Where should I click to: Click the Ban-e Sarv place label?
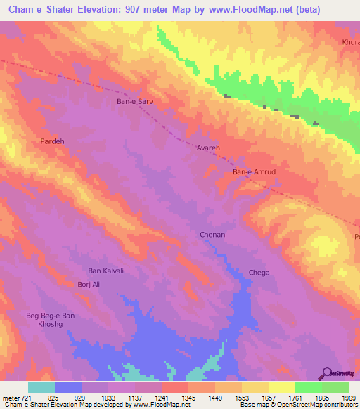(134, 102)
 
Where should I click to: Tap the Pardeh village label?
(52, 141)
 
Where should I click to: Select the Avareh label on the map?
(208, 149)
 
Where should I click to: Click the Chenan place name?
(212, 235)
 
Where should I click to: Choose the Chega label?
(259, 273)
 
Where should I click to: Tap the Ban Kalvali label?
(105, 271)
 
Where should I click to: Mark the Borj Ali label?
(89, 285)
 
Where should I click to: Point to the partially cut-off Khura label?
(350, 42)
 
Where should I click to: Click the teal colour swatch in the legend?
(41, 387)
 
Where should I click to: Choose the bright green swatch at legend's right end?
(335, 387)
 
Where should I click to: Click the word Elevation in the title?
(94, 10)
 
